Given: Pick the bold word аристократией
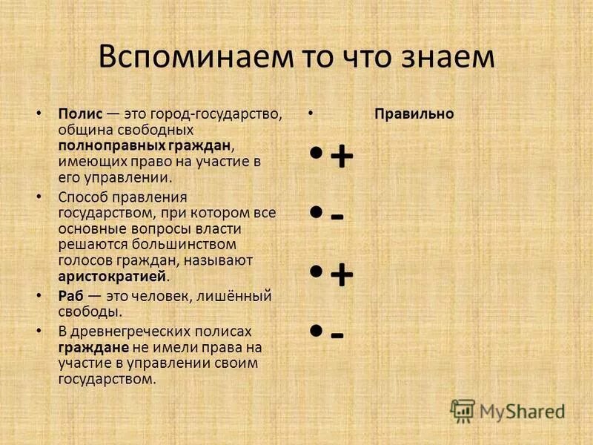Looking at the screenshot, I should click(112, 277).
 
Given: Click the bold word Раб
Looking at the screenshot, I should click(70, 297).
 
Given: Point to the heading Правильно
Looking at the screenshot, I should click(414, 115).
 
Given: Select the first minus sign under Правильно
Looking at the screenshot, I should click(337, 217).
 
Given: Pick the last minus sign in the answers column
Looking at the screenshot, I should click(337, 335).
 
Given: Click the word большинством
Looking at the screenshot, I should click(189, 244).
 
